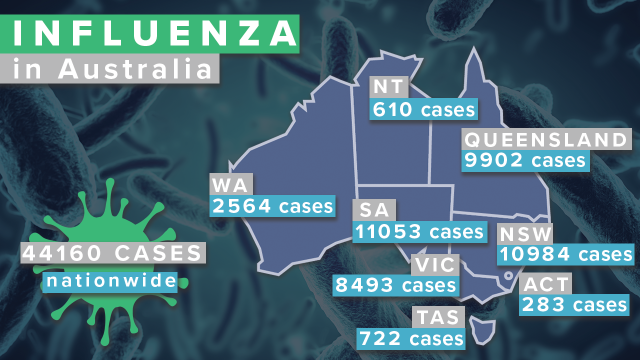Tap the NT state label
(389, 86)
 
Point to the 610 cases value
(423, 109)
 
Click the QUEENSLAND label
(545, 139)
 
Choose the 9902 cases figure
(525, 160)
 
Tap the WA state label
(230, 185)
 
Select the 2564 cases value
(272, 205)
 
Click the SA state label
(374, 210)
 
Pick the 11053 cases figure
(419, 231)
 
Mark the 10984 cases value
(565, 254)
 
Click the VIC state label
(434, 264)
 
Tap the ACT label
(546, 284)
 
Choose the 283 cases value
(574, 304)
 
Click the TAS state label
(437, 317)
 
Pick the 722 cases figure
(411, 338)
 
